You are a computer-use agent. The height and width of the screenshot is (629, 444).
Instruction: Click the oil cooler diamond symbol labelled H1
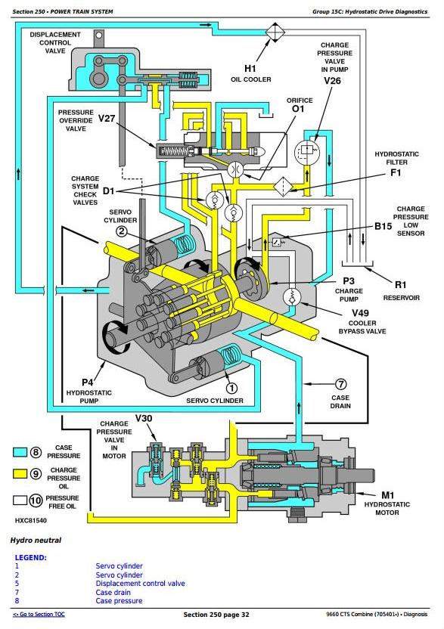coord(275,31)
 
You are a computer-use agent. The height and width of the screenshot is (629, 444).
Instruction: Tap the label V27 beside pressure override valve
coord(107,119)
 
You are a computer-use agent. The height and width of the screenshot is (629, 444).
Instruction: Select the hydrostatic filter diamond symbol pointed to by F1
coord(284,187)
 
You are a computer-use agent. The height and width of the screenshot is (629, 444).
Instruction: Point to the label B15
coord(383,226)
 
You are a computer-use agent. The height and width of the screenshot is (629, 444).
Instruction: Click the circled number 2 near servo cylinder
coord(122,231)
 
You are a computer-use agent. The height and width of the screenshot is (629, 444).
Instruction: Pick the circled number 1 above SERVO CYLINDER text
coord(231,388)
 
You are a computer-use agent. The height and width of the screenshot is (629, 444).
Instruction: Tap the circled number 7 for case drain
coord(340,384)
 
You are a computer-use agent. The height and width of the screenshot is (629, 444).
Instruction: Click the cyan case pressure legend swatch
coord(20,452)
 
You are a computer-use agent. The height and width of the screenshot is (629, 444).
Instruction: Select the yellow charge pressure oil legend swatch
coord(20,474)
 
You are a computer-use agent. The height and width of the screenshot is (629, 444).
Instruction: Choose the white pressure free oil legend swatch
coord(20,500)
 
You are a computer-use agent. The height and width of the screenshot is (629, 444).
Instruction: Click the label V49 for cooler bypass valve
coord(360,312)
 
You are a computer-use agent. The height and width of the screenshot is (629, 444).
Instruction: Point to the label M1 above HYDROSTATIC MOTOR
coord(388,495)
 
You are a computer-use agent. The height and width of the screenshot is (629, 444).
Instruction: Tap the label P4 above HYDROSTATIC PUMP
coord(88,383)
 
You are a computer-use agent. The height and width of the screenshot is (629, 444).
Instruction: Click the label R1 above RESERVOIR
coord(401,285)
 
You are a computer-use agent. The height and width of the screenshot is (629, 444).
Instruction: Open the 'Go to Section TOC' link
coord(39,614)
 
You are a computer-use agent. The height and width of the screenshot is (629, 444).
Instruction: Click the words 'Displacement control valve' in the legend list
coord(140,584)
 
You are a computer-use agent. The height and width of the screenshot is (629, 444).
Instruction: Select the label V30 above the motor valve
coord(143,418)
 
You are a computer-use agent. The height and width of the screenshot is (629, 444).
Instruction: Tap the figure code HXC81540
coord(31,520)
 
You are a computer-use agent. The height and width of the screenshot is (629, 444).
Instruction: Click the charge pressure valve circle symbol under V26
coord(306,152)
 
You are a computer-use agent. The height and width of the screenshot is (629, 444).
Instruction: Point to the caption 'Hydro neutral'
coord(36,541)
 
